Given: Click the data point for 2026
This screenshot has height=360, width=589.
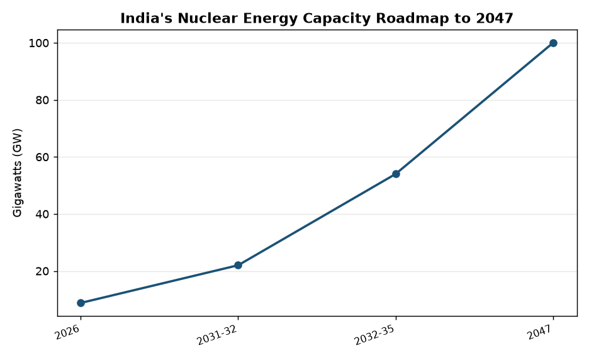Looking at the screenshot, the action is click(81, 303).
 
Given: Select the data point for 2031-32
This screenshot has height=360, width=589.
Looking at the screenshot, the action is click(238, 266).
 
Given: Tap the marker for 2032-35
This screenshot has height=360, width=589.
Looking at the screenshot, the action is click(396, 174).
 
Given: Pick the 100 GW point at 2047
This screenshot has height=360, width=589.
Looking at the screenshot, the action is click(553, 43).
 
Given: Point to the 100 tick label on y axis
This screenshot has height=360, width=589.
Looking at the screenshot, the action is click(38, 43).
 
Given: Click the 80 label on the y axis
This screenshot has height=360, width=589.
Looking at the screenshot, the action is click(42, 101).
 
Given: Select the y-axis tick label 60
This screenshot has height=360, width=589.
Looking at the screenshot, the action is click(42, 157).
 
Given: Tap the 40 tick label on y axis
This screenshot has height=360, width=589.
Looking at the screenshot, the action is click(42, 215).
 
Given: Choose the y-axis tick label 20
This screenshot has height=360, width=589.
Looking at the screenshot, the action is click(42, 272).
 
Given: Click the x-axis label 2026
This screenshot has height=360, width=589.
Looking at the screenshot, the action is click(68, 332).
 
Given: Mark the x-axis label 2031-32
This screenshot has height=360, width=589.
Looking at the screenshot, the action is click(218, 335).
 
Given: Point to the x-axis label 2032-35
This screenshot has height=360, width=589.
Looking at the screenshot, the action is click(375, 335).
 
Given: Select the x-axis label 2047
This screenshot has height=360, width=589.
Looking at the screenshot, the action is click(541, 332).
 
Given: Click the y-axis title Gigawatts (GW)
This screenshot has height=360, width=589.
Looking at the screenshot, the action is click(18, 173).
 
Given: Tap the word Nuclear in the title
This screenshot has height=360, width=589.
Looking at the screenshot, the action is click(208, 18).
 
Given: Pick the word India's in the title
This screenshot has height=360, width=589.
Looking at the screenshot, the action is click(147, 18).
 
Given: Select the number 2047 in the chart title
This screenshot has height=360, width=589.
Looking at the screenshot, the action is click(495, 18).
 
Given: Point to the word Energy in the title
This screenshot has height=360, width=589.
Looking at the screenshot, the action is click(271, 19).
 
